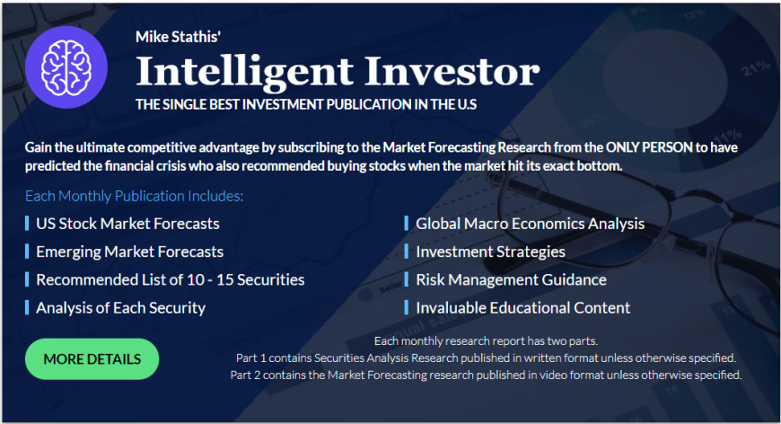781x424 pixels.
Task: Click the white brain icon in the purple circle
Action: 66,67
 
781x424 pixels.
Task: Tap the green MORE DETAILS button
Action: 92,359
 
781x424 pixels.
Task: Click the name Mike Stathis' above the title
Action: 179,37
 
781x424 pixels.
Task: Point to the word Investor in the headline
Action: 452,71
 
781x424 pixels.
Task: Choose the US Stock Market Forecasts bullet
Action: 127,224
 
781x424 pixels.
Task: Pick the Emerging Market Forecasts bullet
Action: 129,252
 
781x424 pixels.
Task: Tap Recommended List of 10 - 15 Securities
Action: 171,279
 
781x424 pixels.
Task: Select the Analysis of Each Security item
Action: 120,308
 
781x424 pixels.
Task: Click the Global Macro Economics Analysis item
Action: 530,224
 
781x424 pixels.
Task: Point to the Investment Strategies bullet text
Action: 491,252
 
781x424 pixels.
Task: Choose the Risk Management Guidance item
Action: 511,279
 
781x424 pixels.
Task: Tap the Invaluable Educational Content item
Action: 523,307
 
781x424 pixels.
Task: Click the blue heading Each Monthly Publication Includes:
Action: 135,196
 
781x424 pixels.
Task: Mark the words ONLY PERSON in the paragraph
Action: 649,147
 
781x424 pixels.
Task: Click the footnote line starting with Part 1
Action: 486,358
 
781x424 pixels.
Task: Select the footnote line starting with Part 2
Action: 486,375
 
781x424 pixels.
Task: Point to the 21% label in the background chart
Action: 757,68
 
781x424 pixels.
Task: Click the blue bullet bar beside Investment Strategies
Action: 407,252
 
